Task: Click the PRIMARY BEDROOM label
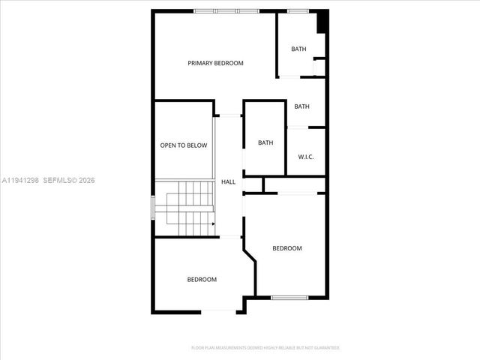click(215, 64)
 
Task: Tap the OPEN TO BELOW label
click(183, 145)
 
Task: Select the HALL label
click(228, 182)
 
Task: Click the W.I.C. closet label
click(305, 157)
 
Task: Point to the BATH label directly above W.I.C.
click(301, 106)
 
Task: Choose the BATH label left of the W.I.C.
click(265, 142)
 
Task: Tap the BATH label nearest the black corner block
click(298, 49)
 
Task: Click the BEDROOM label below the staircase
click(201, 280)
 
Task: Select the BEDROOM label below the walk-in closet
click(286, 248)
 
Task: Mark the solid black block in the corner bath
click(322, 22)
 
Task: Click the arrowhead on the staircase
click(213, 223)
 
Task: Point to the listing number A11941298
click(20, 181)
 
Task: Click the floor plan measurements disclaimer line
click(265, 348)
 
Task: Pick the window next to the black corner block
click(298, 10)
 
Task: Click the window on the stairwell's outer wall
click(153, 207)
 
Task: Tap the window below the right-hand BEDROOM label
click(289, 298)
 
